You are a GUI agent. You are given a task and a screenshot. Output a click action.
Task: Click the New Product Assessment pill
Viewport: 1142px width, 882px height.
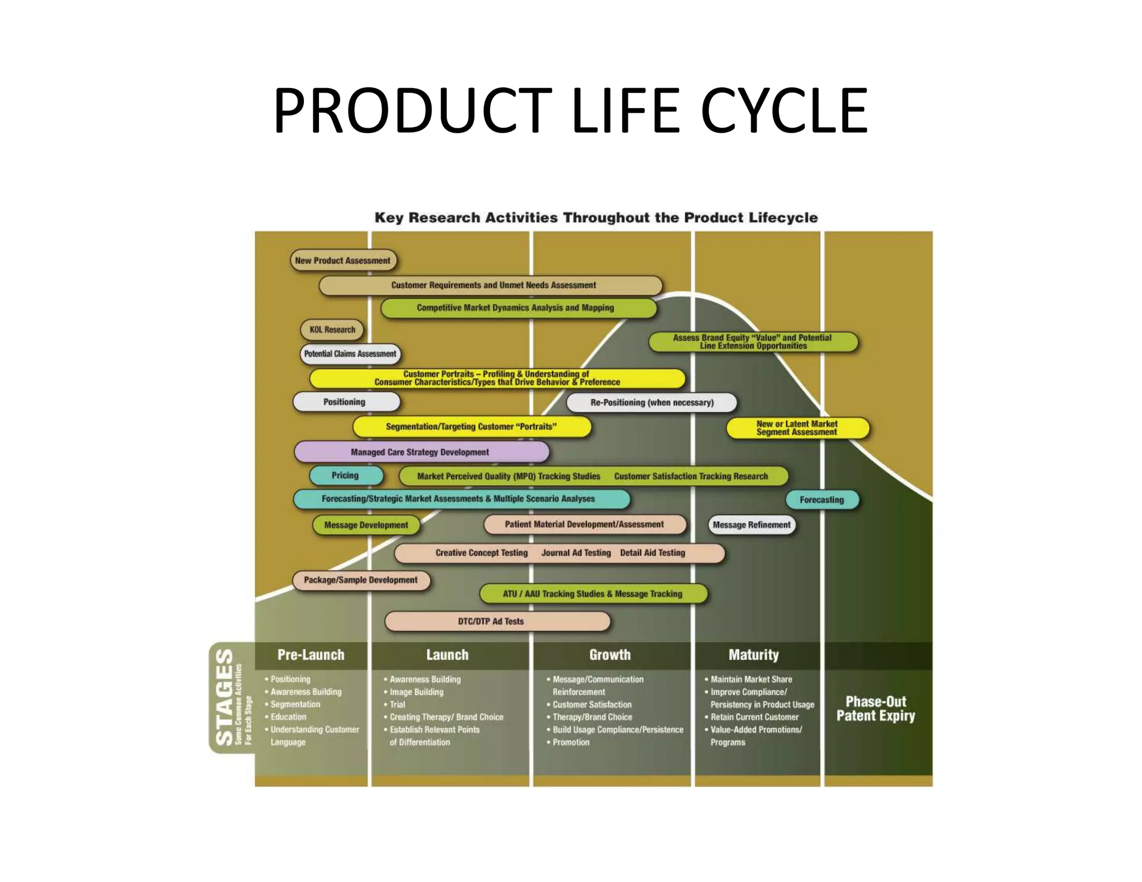[343, 260]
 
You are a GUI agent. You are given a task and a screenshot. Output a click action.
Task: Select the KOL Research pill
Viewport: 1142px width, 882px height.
[332, 329]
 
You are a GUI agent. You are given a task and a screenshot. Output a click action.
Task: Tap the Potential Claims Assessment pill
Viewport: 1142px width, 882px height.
[350, 353]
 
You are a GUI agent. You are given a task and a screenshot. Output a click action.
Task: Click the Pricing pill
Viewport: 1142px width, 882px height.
[346, 476]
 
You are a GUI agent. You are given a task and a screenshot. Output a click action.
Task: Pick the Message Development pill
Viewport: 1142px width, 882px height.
[366, 525]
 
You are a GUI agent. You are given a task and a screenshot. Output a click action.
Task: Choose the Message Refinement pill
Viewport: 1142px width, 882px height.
[751, 525]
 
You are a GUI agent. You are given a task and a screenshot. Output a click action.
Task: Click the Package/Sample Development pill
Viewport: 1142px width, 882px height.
[361, 580]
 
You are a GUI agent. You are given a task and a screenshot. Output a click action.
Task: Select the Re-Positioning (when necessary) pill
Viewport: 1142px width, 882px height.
[651, 402]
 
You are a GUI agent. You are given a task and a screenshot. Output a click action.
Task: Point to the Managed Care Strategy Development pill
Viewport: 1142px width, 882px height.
[421, 452]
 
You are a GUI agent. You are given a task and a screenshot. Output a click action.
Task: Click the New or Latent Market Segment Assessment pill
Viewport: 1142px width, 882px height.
[797, 428]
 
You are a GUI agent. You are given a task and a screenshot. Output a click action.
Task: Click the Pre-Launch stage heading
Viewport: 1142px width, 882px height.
[311, 655]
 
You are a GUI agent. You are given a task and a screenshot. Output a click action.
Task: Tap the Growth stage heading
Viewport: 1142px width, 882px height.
[610, 655]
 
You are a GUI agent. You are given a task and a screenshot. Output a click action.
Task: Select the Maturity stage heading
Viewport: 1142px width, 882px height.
[753, 655]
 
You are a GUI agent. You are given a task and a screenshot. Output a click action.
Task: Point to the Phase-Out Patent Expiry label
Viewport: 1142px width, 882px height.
[875, 709]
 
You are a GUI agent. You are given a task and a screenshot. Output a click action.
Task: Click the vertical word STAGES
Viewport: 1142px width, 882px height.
[224, 697]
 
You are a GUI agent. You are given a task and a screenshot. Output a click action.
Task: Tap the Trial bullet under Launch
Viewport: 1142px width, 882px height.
[398, 705]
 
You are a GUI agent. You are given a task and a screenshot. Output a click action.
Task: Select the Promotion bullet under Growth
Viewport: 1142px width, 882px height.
[571, 742]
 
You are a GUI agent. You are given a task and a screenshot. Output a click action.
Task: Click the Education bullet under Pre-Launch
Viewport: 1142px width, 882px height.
[288, 717]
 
